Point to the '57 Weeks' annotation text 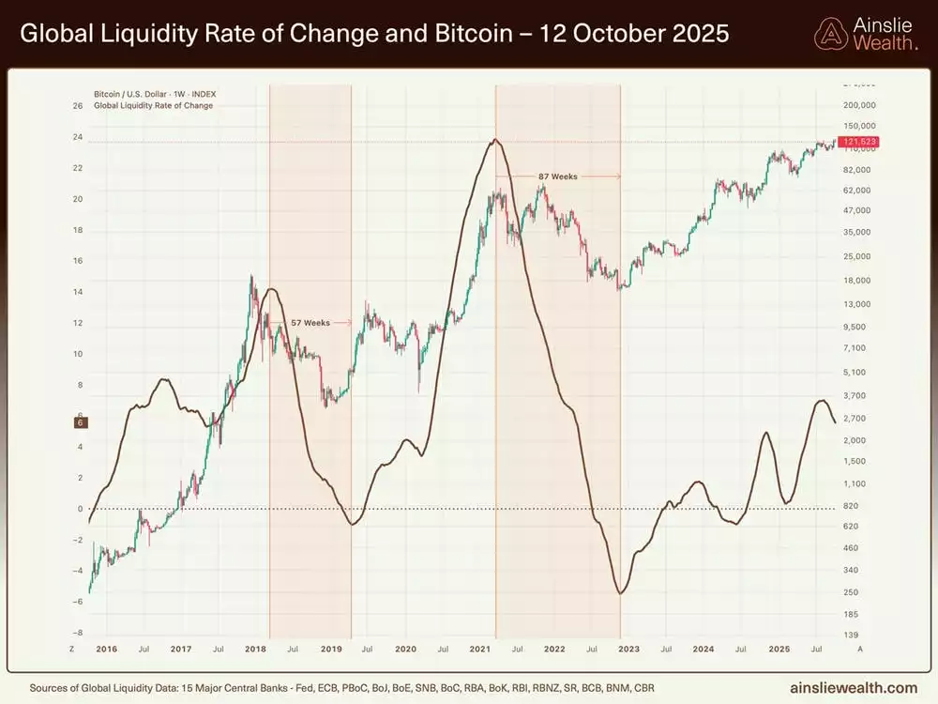[310, 323]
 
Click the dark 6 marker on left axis [81, 423]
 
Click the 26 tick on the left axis [78, 106]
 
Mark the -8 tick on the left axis [78, 633]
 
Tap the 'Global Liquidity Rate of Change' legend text [153, 105]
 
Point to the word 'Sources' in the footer [53, 687]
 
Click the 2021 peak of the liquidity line [494, 140]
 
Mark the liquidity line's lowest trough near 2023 [620, 593]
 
